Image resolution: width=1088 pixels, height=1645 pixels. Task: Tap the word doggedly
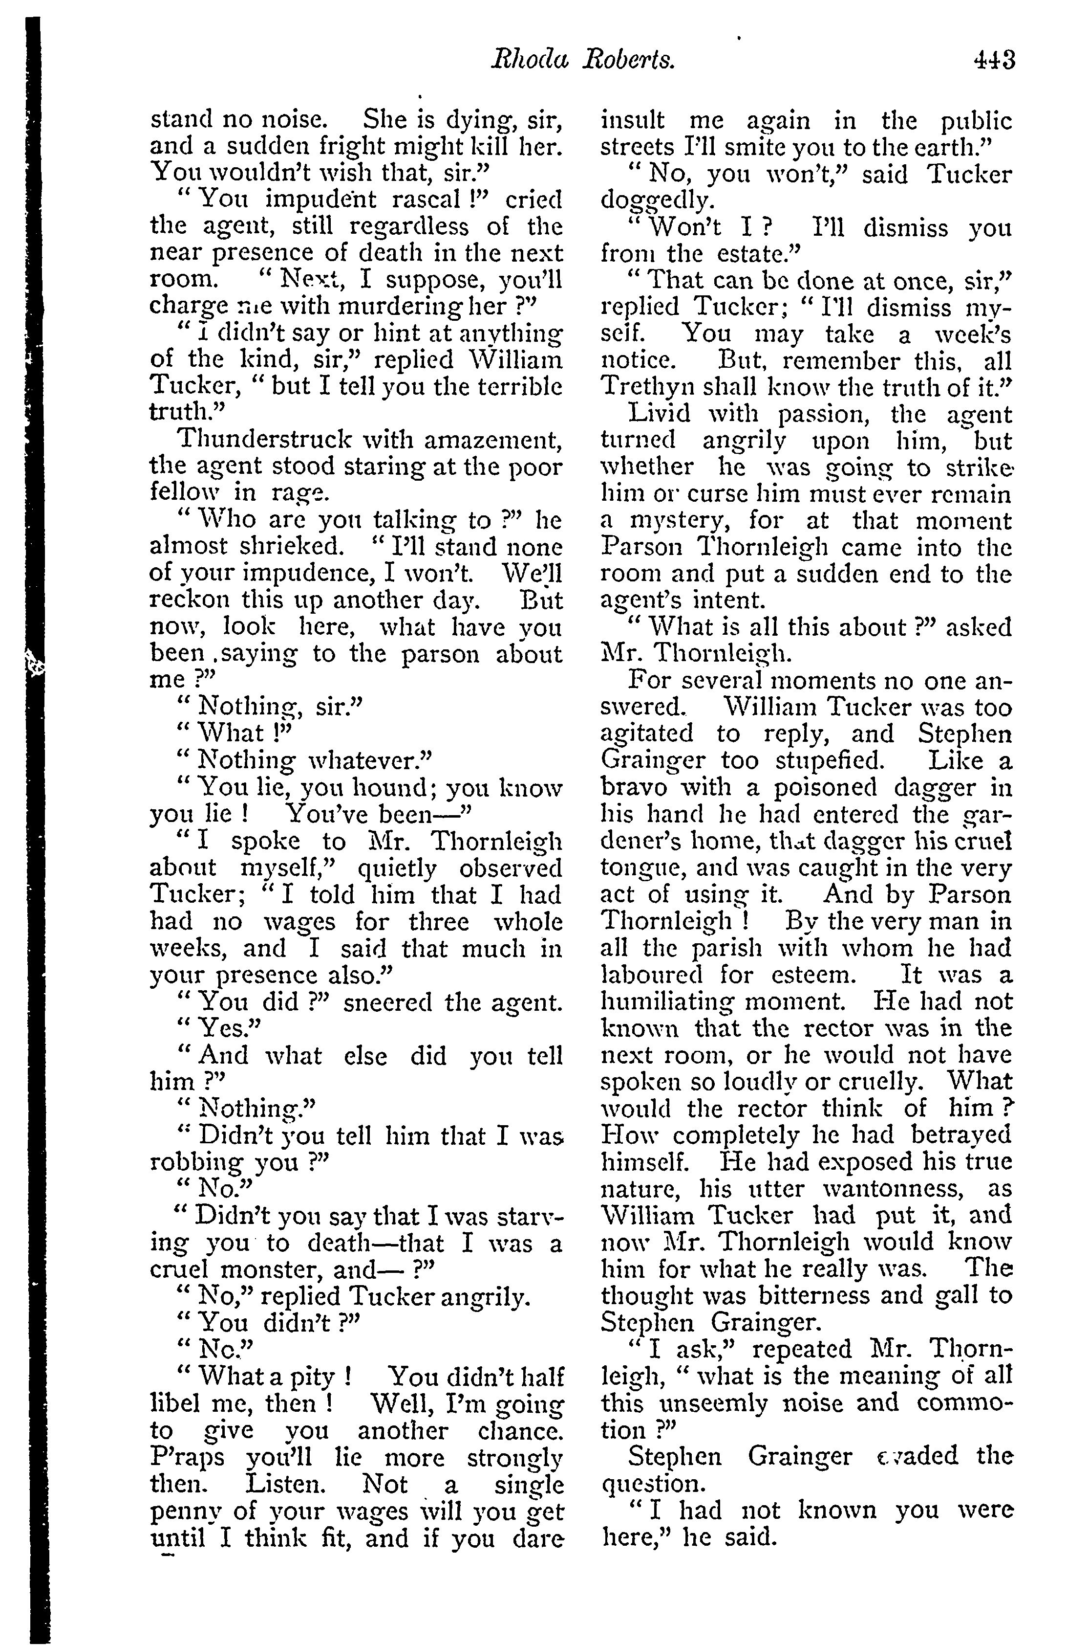point(656,202)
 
